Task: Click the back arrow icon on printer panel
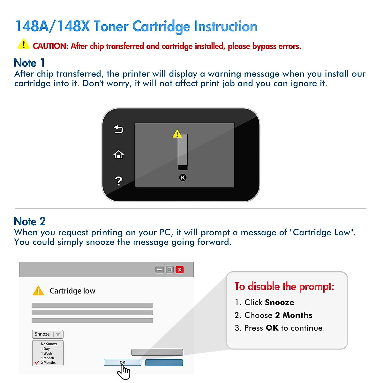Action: pos(119,129)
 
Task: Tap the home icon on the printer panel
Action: pos(118,154)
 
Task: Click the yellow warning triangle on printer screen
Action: pos(177,134)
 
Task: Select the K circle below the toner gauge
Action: pos(183,177)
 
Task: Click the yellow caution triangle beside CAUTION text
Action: pos(23,44)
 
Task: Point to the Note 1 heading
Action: pos(29,63)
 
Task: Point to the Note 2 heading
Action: pos(30,221)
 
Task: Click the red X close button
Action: pos(180,270)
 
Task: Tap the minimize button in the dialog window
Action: pos(160,270)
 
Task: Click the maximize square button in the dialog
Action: pos(169,270)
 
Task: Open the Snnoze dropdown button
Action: pos(48,334)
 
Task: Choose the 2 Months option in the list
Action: pos(48,363)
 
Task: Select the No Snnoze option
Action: pos(49,344)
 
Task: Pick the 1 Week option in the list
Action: pos(47,353)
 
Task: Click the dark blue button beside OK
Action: pos(164,363)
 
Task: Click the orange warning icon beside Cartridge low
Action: pos(38,291)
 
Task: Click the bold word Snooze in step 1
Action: pos(279,302)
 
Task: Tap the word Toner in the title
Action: pos(111,26)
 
